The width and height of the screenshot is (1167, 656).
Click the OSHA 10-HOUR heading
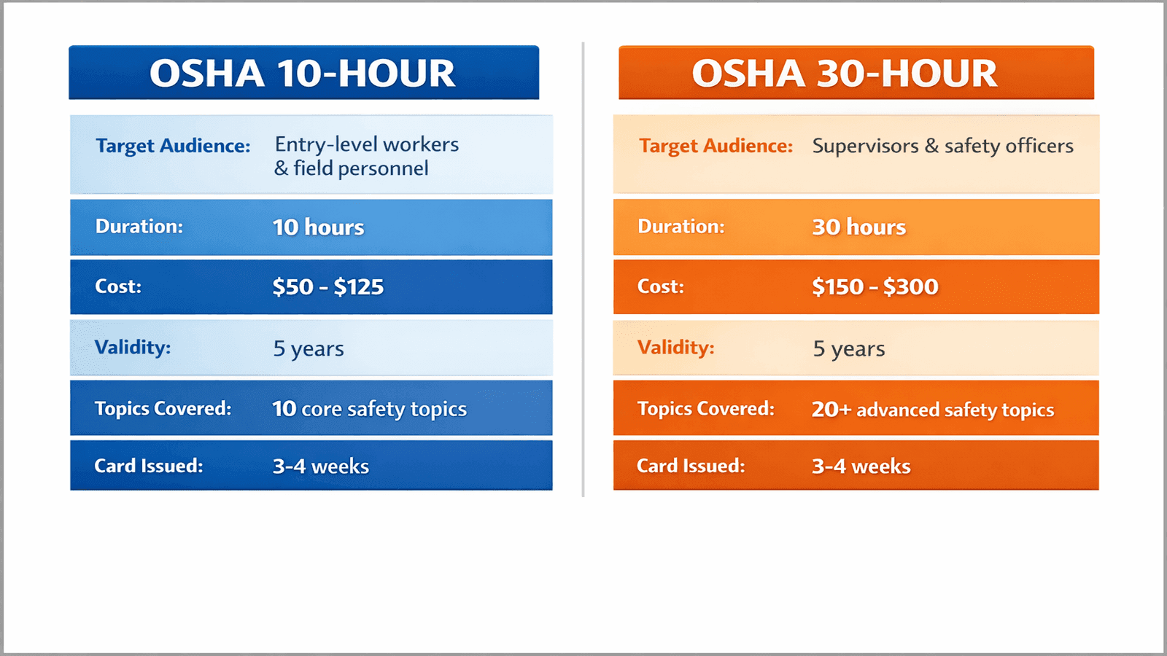tap(303, 74)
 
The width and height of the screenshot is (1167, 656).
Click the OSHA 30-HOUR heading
tap(845, 74)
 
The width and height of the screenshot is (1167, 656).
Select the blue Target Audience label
tap(173, 146)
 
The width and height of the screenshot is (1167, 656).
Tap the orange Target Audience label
tap(716, 146)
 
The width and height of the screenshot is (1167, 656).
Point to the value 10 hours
tap(318, 227)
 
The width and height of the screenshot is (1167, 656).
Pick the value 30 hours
tap(858, 227)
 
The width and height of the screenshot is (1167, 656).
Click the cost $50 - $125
tap(327, 287)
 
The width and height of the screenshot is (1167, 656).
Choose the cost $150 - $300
tap(875, 287)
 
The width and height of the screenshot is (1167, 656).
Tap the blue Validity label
tap(132, 348)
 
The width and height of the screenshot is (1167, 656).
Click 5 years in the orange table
tap(848, 349)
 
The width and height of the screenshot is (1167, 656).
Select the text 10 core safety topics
tap(369, 409)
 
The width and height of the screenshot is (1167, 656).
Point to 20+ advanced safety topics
tap(932, 410)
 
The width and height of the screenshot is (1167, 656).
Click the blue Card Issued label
tap(148, 466)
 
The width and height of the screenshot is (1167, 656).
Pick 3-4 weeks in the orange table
tap(861, 466)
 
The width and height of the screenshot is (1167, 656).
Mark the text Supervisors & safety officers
tap(942, 147)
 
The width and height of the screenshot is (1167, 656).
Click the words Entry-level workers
tap(366, 144)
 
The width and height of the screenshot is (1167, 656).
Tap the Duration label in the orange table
tap(681, 227)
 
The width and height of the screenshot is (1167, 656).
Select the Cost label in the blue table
tap(117, 286)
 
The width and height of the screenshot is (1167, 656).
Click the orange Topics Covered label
tap(705, 409)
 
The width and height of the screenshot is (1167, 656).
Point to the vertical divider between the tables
tap(583, 270)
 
